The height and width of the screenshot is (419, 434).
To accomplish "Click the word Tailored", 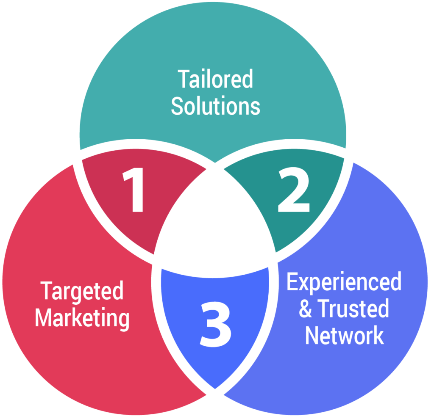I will [x=215, y=79].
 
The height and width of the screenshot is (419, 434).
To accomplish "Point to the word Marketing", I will [x=82, y=317].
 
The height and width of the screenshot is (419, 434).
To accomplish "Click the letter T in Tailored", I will [x=183, y=79].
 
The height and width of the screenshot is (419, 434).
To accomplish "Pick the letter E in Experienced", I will [x=292, y=282].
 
